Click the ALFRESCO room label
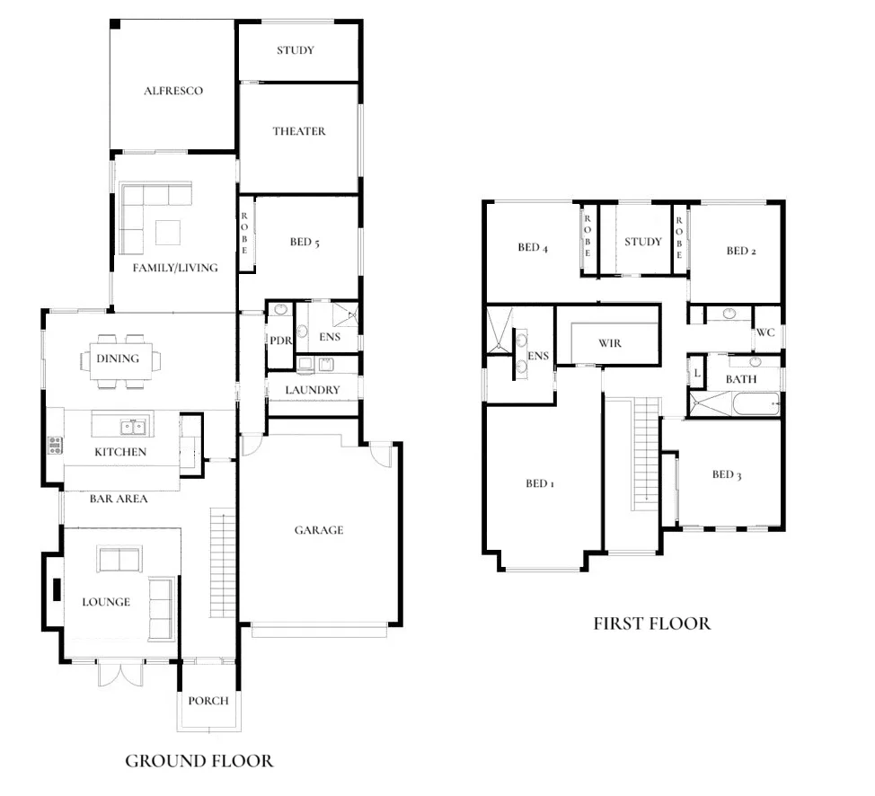[x=173, y=91]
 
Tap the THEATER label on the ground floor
[x=299, y=131]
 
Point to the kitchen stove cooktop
[x=55, y=444]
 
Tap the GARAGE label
[x=319, y=530]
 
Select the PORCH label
[x=208, y=701]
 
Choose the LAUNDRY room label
[x=313, y=390]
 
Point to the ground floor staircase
[x=221, y=562]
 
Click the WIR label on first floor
[x=609, y=343]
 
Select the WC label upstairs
[x=765, y=332]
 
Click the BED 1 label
[x=539, y=483]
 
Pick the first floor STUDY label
[x=643, y=242]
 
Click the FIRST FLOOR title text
[x=651, y=623]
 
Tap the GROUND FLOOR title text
[x=199, y=761]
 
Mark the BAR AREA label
[x=119, y=499]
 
